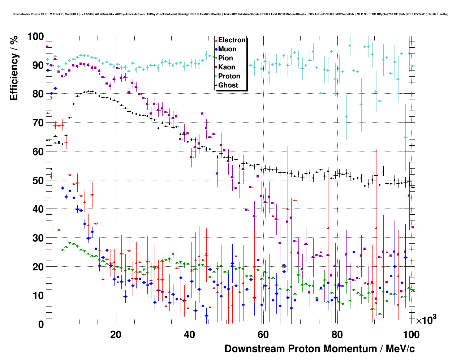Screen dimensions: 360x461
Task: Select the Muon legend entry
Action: (x=227, y=49)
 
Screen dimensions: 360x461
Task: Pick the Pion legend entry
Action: (x=225, y=58)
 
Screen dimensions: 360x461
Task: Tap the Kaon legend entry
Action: (x=227, y=67)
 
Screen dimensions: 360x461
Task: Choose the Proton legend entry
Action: (x=229, y=76)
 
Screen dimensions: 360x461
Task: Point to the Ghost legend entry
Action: (x=228, y=85)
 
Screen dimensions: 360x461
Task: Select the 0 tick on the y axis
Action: (x=41, y=324)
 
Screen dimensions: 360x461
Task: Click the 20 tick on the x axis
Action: (x=116, y=334)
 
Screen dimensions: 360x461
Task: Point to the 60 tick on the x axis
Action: (x=263, y=334)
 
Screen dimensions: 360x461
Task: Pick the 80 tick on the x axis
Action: (x=337, y=334)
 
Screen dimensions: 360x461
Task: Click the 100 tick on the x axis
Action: (x=411, y=334)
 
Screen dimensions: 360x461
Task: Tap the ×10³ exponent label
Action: (x=426, y=320)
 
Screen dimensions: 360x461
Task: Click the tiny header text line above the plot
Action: (x=230, y=14)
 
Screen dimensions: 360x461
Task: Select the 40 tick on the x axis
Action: (x=190, y=334)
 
